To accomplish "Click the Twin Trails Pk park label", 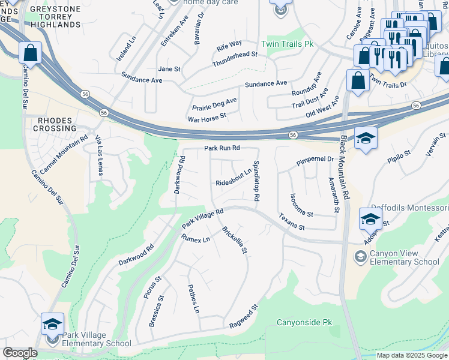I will [x=288, y=44].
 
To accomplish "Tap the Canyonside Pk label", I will [x=304, y=322].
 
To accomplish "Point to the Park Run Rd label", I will [x=222, y=148].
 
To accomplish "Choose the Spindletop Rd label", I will [x=256, y=181].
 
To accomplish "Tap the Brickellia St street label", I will [x=235, y=239].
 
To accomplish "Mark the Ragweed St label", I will [x=244, y=316].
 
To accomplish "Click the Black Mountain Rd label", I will [x=344, y=167].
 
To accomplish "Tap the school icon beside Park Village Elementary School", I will [x=52, y=325].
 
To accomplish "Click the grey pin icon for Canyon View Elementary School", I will [x=360, y=257].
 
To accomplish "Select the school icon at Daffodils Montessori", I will [x=370, y=219].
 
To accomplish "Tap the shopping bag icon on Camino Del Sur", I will [x=30, y=53].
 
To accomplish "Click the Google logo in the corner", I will [x=20, y=353].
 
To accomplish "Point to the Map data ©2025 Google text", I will [x=411, y=355].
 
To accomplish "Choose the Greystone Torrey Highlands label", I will [x=55, y=16].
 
